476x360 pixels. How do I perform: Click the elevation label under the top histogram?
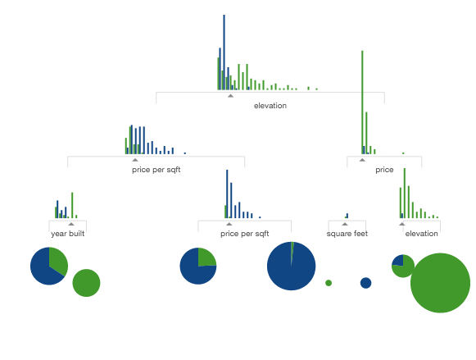coord(270,106)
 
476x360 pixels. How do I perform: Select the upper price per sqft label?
coord(156,170)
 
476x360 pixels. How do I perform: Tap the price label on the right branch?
coord(384,170)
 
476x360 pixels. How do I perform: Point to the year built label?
coord(68,234)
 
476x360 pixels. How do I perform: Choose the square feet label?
coord(347,234)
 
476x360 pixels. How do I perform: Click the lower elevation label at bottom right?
coord(421,234)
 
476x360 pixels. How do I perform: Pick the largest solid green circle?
coord(440,283)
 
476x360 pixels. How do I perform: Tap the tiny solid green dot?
coord(329,283)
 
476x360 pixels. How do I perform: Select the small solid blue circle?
coord(365,283)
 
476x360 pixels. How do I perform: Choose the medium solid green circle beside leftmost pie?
coord(86,283)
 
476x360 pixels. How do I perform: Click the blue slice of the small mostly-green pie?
coord(398,260)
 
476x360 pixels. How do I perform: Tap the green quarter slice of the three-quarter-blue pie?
coord(206,258)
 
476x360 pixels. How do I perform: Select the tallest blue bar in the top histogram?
coord(224,52)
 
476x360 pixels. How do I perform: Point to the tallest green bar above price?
coord(362,102)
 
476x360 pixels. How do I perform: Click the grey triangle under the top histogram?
coord(231,96)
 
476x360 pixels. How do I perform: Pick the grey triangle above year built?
coord(71,224)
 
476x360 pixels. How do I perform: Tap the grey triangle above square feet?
coord(345,224)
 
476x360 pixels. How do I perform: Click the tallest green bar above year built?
coord(72,205)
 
